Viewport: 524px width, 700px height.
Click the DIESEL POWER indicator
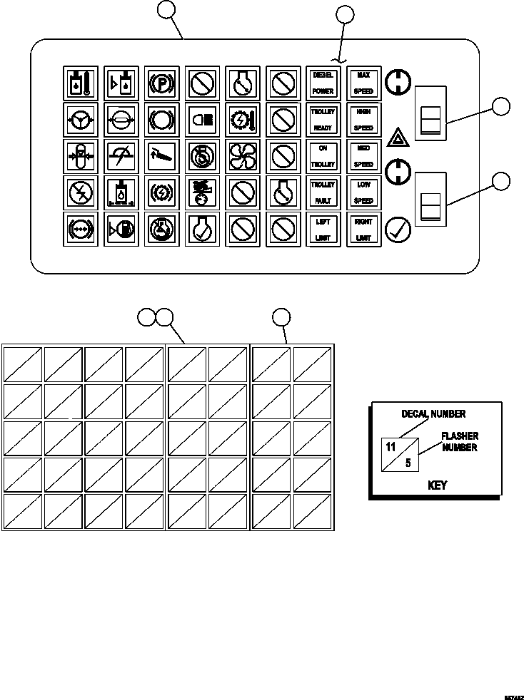pos(322,83)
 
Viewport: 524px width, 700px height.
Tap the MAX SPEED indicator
pos(363,83)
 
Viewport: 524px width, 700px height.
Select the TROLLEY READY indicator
pos(322,120)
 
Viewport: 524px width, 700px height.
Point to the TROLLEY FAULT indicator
pos(322,192)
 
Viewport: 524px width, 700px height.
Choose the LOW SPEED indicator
pos(363,192)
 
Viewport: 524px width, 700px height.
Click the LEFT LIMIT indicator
pos(322,230)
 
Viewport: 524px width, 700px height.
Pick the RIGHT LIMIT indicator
pos(363,230)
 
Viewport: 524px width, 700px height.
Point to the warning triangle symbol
pos(396,137)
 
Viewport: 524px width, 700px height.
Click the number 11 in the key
pos(391,448)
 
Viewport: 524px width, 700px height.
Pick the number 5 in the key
pos(408,463)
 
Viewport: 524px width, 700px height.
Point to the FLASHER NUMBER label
pos(460,442)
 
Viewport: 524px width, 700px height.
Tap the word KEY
pos(437,485)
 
